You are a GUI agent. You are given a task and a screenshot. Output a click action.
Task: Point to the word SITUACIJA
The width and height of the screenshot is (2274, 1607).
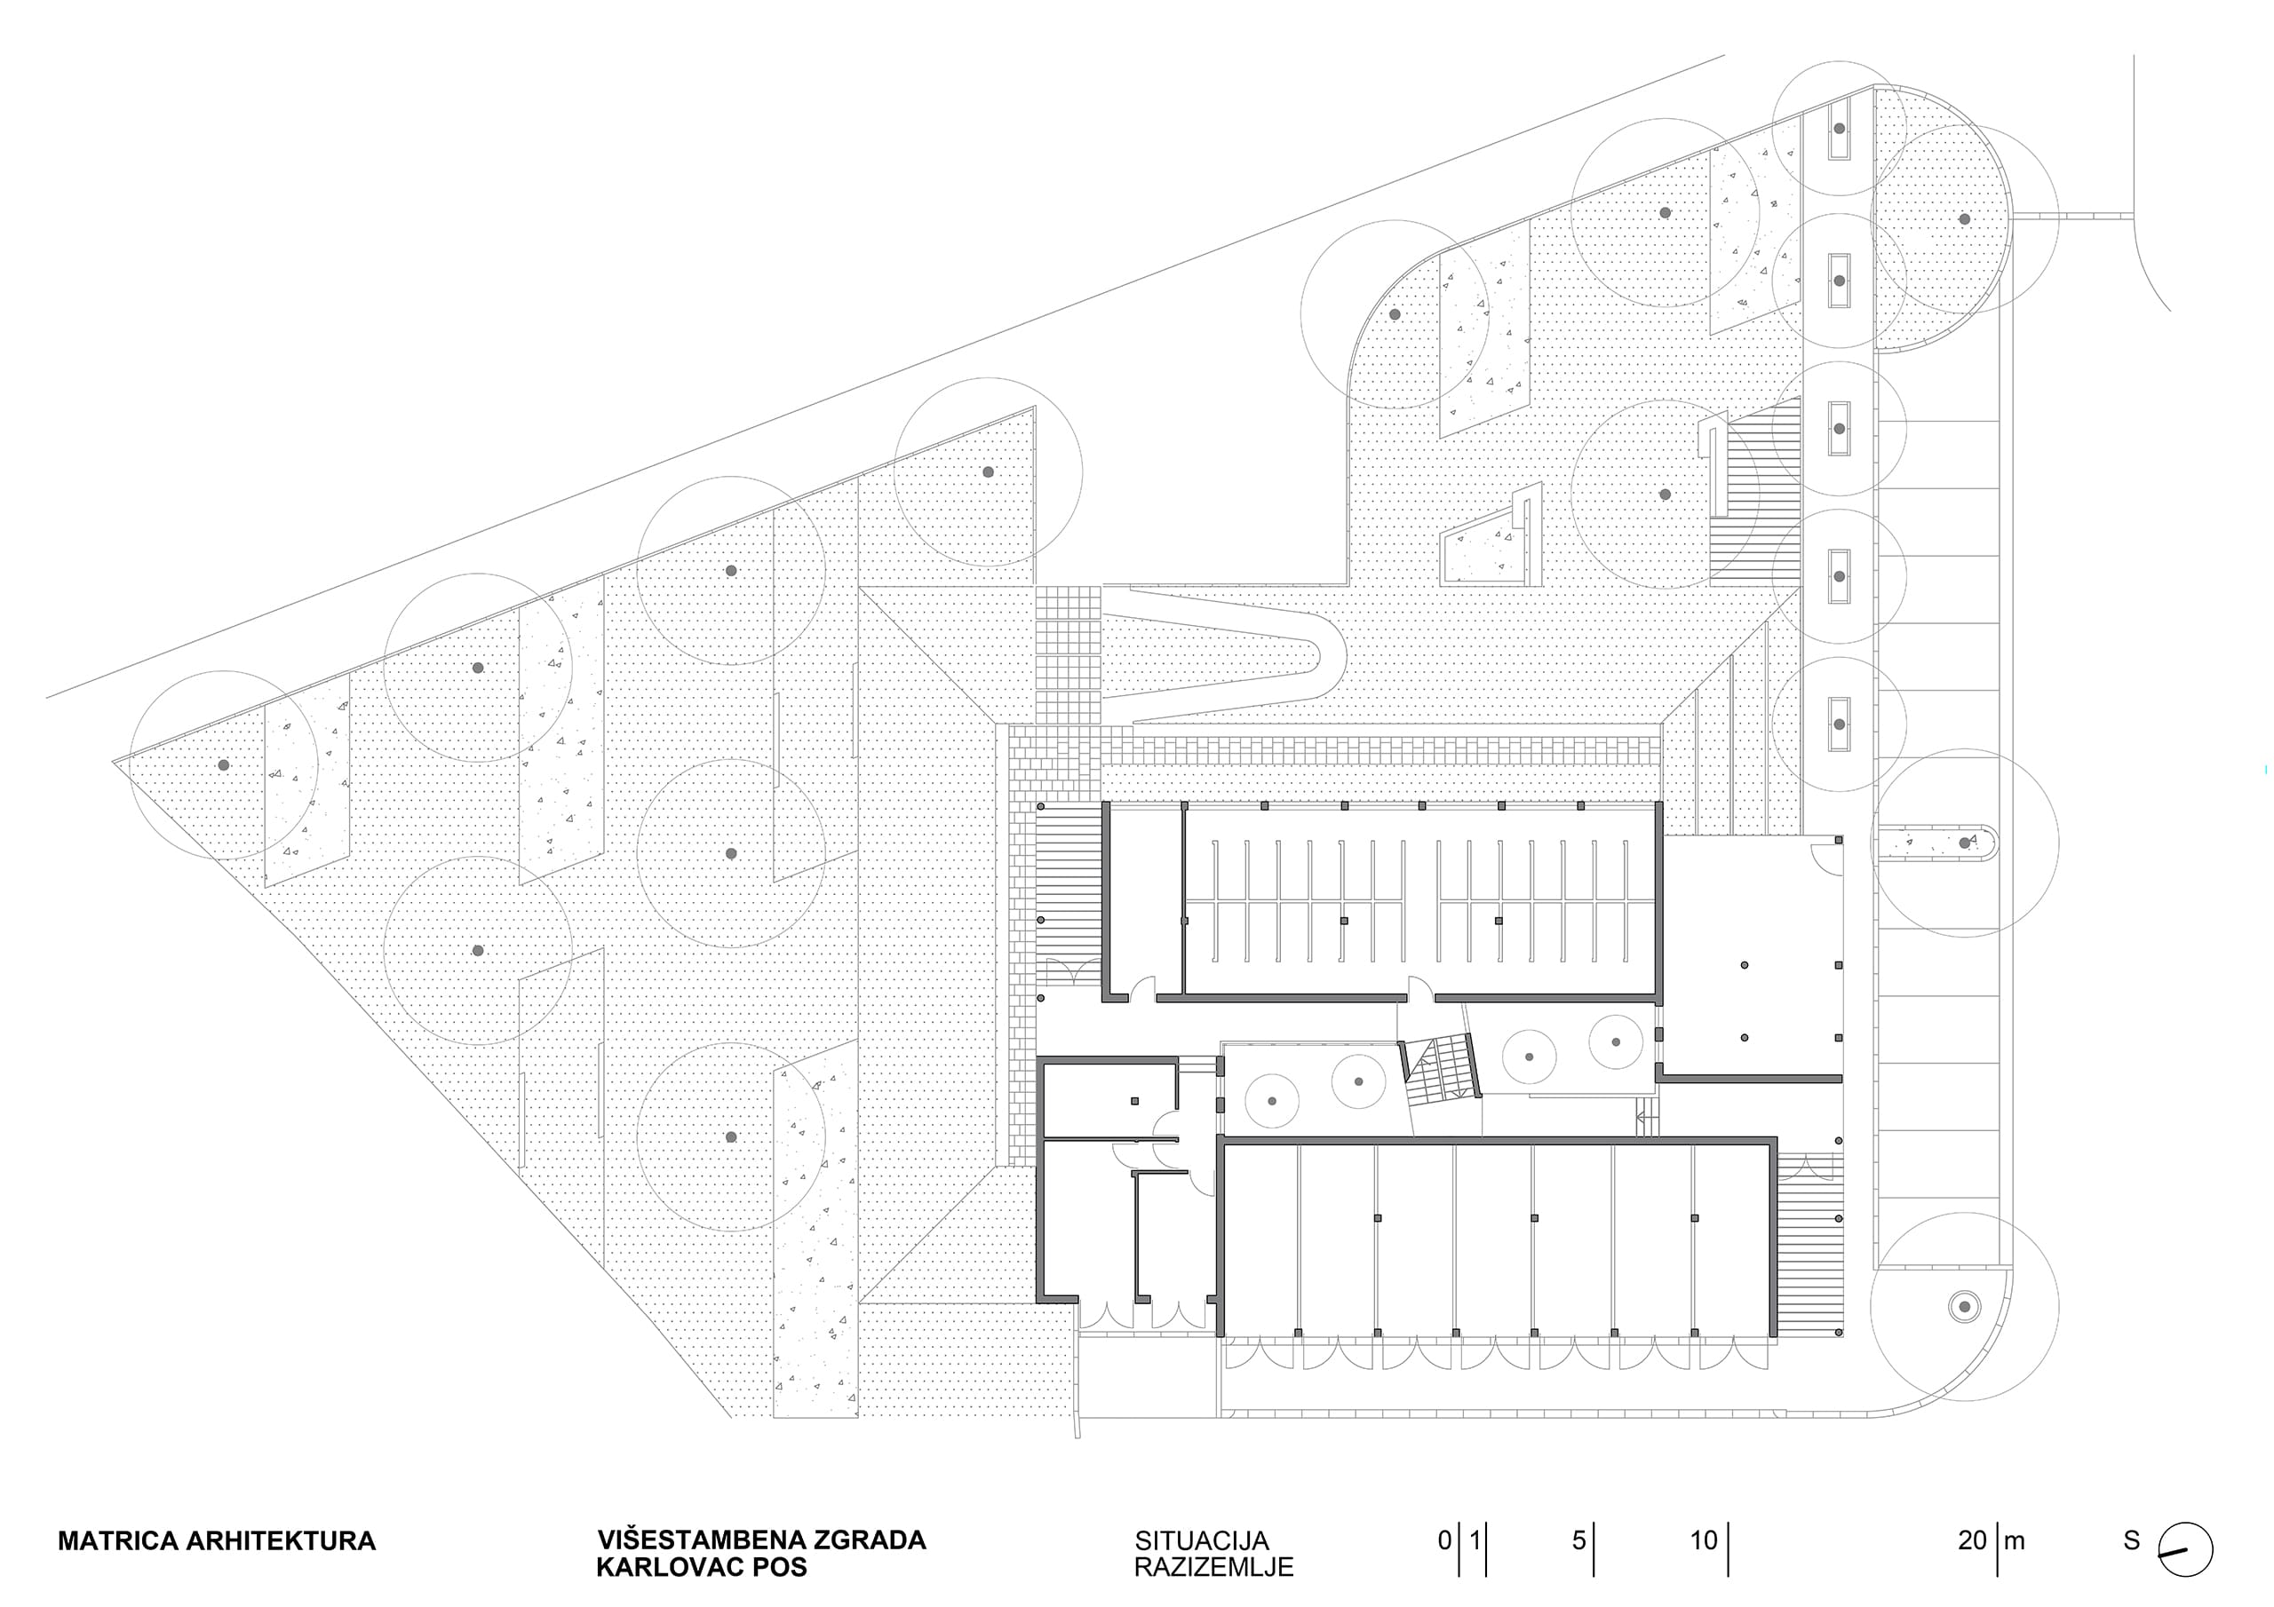tap(1201, 1541)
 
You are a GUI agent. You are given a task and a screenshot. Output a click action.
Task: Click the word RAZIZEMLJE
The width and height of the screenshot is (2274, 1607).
tap(1213, 1567)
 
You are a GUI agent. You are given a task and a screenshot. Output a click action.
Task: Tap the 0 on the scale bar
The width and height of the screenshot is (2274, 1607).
tap(1445, 1540)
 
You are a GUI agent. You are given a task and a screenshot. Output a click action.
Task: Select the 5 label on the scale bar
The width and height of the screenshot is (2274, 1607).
tap(1578, 1540)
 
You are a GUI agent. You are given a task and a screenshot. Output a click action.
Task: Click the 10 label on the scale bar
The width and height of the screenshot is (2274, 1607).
tap(1704, 1540)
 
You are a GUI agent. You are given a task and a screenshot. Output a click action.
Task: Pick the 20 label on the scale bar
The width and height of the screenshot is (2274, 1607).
tap(1972, 1540)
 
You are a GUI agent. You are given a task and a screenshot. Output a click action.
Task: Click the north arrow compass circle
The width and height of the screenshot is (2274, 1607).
tap(2185, 1549)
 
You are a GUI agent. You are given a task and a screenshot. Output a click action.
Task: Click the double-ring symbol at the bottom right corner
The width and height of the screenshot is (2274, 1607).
tap(1963, 1306)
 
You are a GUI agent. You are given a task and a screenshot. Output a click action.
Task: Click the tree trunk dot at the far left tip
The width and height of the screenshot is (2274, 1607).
tap(224, 765)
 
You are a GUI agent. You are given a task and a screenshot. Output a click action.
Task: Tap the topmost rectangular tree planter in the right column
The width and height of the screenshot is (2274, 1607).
tap(1840, 130)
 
